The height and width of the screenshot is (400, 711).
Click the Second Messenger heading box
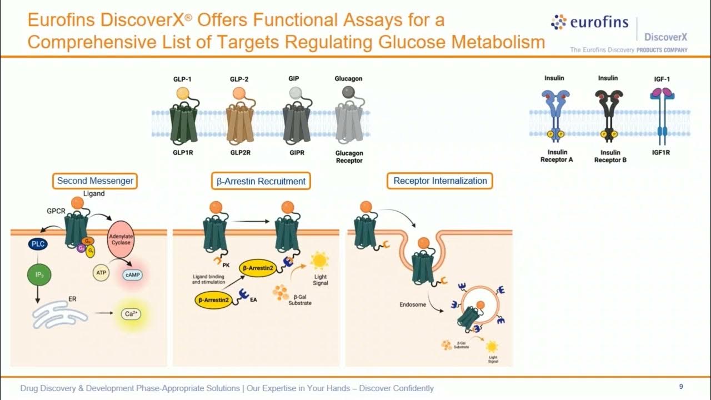click(x=95, y=181)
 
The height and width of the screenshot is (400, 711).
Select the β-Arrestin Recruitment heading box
click(x=261, y=181)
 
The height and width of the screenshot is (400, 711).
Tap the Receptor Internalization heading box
click(x=440, y=181)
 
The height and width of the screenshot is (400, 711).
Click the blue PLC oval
click(x=38, y=244)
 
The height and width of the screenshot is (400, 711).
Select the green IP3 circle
click(x=38, y=274)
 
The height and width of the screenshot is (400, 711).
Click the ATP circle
click(x=101, y=273)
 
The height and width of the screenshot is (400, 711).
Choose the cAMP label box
click(x=132, y=275)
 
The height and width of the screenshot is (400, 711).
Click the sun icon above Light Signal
click(x=320, y=259)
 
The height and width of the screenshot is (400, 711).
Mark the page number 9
click(x=681, y=387)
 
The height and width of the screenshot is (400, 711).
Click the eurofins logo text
click(x=599, y=23)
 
